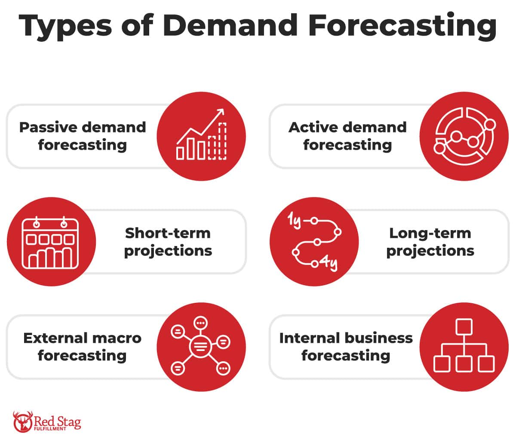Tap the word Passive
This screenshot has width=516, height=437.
tap(49, 127)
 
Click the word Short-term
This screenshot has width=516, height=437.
tap(168, 233)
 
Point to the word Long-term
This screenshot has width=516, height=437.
tap(430, 233)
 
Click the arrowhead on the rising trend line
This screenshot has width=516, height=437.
tap(221, 112)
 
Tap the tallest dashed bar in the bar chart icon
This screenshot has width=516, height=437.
tap(222, 141)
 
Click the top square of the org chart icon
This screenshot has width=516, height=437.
tap(464, 327)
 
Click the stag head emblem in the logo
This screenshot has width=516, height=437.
tap(23, 422)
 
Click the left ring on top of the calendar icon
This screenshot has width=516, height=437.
tap(37, 224)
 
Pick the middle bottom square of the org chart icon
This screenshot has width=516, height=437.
tap(464, 364)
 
